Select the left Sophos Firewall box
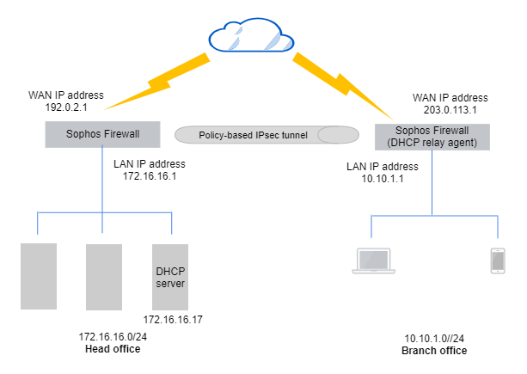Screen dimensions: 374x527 [102, 133]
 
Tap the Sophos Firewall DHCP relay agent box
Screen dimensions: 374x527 [432, 137]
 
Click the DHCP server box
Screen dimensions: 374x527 [170, 277]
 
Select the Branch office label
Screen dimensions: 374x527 [434, 351]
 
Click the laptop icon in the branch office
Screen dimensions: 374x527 [371, 261]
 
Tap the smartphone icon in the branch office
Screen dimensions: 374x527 [497, 261]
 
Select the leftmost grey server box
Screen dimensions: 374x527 [39, 276]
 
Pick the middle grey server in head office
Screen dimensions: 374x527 [104, 276]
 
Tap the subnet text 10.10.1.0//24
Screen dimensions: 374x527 [434, 339]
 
